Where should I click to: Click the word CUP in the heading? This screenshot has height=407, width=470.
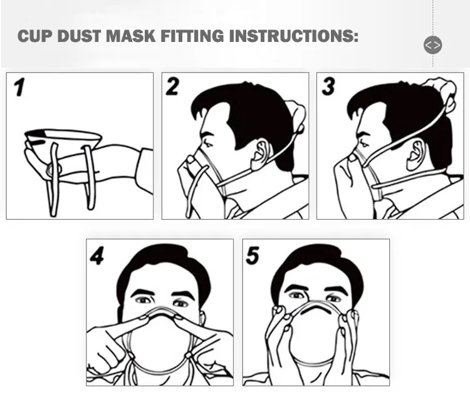(x=34, y=36)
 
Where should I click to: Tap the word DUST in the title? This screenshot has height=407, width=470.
(x=80, y=36)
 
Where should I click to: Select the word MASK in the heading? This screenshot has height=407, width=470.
(x=131, y=36)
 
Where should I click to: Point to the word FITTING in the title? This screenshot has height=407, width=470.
(x=192, y=36)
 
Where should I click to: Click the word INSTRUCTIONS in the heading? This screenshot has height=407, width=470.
(x=294, y=36)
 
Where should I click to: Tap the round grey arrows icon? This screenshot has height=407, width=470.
(x=433, y=45)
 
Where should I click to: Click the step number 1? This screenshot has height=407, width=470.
(x=19, y=87)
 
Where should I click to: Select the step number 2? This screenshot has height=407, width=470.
(x=172, y=86)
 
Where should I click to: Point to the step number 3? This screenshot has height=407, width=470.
(x=328, y=86)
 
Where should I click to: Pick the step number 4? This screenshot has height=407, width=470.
(x=97, y=255)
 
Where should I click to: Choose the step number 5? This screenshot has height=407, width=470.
(x=253, y=255)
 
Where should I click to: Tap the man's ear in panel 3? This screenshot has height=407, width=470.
(x=415, y=154)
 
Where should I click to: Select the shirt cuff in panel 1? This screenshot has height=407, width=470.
(x=145, y=172)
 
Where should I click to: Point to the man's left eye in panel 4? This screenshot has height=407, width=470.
(x=180, y=304)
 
